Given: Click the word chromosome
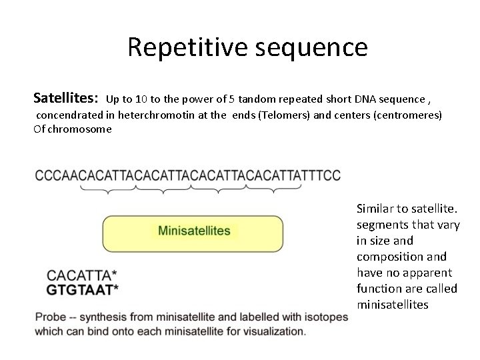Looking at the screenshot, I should [79, 129].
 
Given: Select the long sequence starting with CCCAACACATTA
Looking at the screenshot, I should [187, 175].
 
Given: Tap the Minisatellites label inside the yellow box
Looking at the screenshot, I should [194, 231].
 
